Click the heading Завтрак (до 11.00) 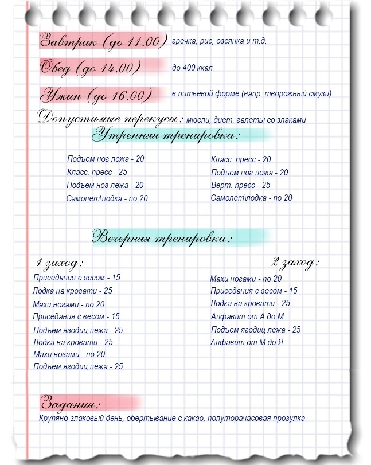point(103,41)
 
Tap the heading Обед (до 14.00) point(91,68)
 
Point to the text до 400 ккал point(192,68)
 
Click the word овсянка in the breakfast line point(228,41)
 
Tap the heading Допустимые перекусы point(111,118)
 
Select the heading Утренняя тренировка point(167,136)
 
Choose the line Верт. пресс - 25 point(240,185)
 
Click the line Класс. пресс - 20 point(241,160)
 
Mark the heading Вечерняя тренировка point(163,236)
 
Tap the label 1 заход point(60,263)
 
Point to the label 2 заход point(295,263)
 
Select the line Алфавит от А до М point(248,316)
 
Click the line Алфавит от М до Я point(247,342)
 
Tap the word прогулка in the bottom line point(286,418)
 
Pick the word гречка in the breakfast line point(184,41)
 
